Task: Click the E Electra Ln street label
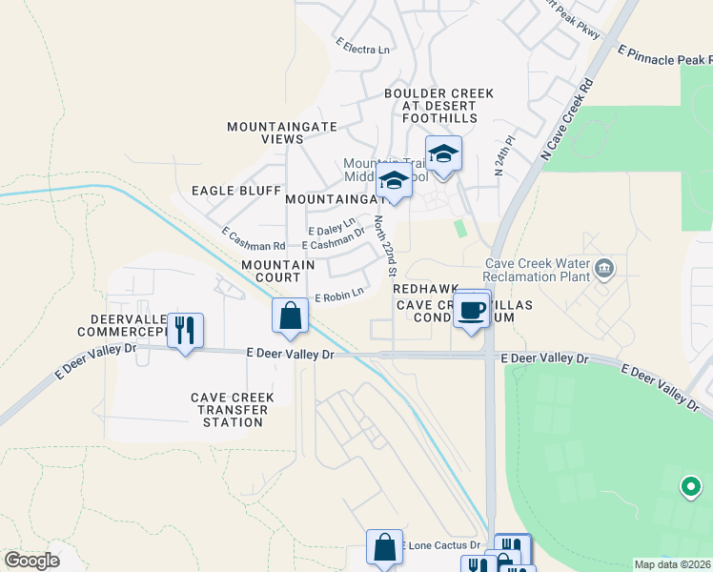tap(363, 46)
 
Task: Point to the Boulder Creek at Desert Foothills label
tap(438, 106)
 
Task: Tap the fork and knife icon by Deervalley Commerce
tap(185, 330)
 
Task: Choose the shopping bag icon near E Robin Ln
tap(290, 316)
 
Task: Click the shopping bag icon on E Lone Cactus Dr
tap(384, 547)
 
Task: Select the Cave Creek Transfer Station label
tap(233, 410)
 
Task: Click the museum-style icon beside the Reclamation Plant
tap(602, 269)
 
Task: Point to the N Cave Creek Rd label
tap(565, 118)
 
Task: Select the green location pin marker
tap(690, 487)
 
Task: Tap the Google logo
tap(31, 561)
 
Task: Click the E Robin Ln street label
tap(339, 296)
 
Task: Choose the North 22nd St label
tap(386, 246)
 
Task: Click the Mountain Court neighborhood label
tap(277, 271)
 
